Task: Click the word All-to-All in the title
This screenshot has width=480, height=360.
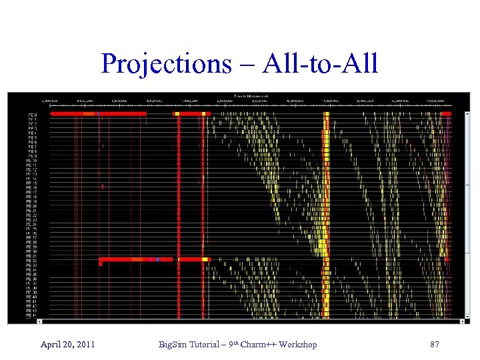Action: (321, 64)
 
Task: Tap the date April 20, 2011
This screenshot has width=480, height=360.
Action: (67, 344)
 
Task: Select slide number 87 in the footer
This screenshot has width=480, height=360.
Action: (435, 344)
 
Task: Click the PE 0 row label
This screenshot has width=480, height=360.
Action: (32, 115)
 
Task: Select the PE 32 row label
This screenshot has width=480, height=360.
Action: (31, 260)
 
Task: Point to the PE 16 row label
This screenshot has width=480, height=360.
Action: (31, 187)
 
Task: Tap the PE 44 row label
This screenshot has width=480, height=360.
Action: (31, 315)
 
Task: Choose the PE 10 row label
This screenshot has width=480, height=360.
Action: (31, 160)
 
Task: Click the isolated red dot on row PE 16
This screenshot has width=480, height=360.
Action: (102, 187)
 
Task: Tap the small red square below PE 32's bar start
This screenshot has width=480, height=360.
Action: (100, 265)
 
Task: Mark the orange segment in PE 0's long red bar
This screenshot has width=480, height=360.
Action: (89, 114)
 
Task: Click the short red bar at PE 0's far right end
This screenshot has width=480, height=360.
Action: (446, 114)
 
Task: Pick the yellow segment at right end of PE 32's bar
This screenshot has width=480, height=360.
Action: (205, 259)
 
